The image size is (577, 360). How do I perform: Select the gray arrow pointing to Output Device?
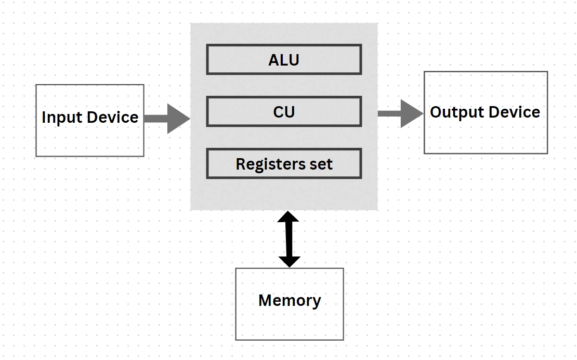(x=400, y=113)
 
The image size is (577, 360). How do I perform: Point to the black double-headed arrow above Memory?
(x=289, y=239)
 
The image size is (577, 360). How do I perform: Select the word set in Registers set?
(x=322, y=164)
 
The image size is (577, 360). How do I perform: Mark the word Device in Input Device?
(x=112, y=118)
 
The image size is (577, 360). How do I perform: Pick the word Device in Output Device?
(x=515, y=112)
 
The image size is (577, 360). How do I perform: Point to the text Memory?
(x=290, y=301)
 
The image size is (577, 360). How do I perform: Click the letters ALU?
(x=284, y=60)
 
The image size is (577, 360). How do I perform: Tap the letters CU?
(x=284, y=112)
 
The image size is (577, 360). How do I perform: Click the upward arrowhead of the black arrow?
(x=289, y=217)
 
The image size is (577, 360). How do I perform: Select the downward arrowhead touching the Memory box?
(x=289, y=261)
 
